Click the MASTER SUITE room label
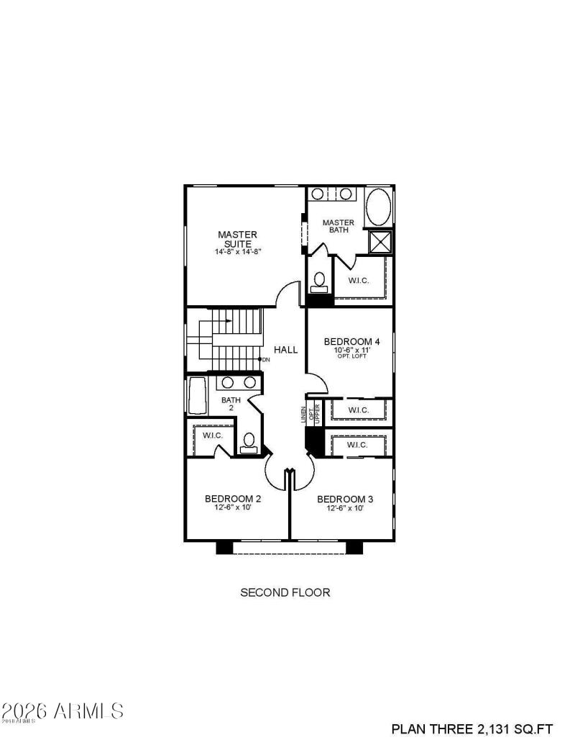tap(237, 239)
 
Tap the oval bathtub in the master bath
tap(378, 207)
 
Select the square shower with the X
tap(379, 242)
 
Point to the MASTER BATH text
tap(338, 226)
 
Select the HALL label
tap(285, 350)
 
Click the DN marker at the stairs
tap(265, 359)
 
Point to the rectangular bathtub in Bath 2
tap(196, 397)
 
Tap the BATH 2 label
tap(231, 404)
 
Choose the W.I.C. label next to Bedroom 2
tap(212, 436)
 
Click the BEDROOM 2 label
tap(232, 498)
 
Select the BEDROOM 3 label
tap(344, 499)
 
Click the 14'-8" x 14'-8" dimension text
tap(237, 252)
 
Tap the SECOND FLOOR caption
tap(285, 592)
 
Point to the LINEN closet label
tap(304, 415)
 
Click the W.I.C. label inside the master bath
tap(358, 281)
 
